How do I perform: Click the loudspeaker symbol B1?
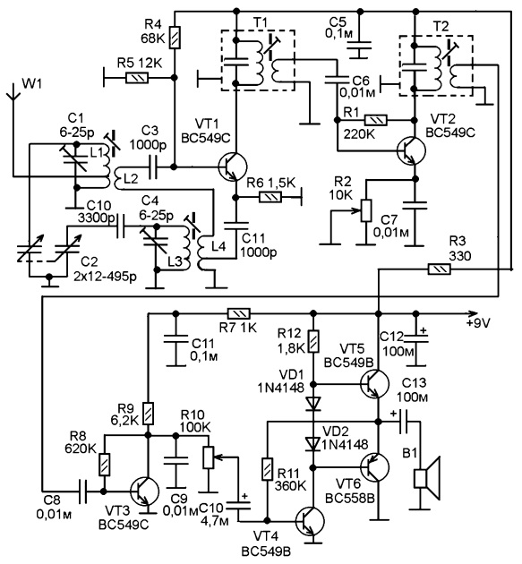click(427, 478)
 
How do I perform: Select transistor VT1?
click(233, 167)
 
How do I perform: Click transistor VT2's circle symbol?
click(411, 150)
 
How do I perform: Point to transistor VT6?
click(374, 467)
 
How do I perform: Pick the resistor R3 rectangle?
click(439, 269)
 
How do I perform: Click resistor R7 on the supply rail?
click(238, 313)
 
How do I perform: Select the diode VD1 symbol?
click(313, 403)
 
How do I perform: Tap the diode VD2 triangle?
click(313, 444)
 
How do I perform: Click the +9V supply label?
click(478, 323)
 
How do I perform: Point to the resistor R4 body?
click(175, 37)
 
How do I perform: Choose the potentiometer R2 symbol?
click(366, 210)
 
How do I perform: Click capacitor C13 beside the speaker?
click(405, 422)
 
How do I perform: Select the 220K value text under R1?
click(359, 134)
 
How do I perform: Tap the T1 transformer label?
click(261, 23)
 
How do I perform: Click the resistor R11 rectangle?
click(267, 469)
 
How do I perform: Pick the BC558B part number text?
click(350, 499)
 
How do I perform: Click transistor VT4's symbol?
click(310, 521)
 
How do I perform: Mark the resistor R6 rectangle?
click(270, 197)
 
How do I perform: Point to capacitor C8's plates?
click(82, 491)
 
